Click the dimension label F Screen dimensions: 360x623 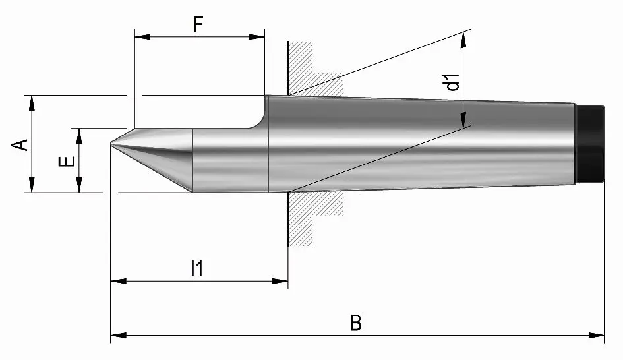(198, 24)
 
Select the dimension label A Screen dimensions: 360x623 (22, 144)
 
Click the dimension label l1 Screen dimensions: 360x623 (196, 268)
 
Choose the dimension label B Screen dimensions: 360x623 (355, 323)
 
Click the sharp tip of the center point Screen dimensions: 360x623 (111, 144)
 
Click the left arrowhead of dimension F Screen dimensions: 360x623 (139, 37)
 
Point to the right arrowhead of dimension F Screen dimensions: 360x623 (259, 37)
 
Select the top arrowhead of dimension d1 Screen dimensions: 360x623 (463, 38)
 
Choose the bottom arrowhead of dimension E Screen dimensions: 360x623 (79, 187)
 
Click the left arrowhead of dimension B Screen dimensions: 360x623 (116, 336)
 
